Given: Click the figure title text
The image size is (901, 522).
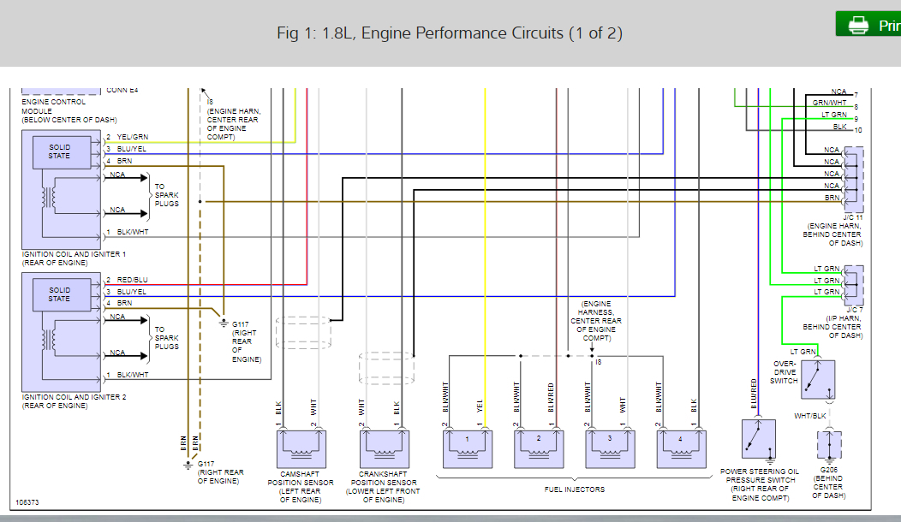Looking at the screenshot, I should click(x=450, y=33).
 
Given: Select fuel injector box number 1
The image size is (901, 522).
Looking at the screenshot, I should click(x=468, y=446).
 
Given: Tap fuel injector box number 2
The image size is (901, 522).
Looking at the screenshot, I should click(x=539, y=446).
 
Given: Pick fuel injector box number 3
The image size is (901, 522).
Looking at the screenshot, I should click(x=610, y=446).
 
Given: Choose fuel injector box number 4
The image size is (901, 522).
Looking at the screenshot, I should click(x=681, y=446).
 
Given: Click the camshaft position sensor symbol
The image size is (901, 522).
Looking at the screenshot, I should click(x=301, y=447).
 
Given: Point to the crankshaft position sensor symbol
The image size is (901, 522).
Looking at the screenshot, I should click(x=384, y=447).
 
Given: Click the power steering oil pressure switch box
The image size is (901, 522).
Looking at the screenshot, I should click(x=758, y=440).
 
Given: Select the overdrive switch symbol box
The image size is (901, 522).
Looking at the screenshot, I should click(x=817, y=379).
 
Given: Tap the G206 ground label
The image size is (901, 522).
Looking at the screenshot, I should click(x=828, y=471).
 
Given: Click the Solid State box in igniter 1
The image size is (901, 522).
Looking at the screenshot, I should click(x=59, y=151).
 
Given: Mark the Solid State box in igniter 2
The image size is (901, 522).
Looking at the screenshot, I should click(x=59, y=294).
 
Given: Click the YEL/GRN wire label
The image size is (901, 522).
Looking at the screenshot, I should click(x=132, y=138).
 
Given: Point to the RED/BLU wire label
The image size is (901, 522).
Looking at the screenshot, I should click(x=132, y=281).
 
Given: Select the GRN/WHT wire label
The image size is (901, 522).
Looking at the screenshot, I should click(x=829, y=104).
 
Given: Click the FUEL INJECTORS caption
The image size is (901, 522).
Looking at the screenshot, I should click(x=574, y=489).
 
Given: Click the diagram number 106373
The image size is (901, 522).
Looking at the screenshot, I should click(x=27, y=502).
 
